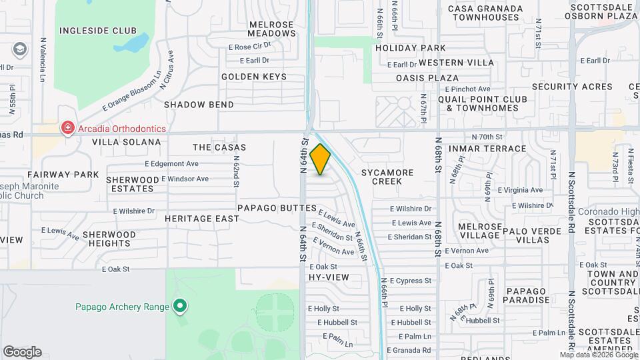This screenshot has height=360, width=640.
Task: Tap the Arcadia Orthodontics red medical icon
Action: coord(67,129)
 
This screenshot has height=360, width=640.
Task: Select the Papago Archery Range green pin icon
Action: coord(179,307)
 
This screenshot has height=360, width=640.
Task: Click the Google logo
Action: coord(22,352)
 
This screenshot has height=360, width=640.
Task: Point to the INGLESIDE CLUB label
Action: coord(98,31)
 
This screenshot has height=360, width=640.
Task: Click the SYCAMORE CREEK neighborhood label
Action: coord(387,177)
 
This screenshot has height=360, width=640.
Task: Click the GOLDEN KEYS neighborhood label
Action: coord(254,77)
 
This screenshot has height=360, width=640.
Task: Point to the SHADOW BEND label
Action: coord(199,105)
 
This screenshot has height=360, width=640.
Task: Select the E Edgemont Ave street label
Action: coord(171,163)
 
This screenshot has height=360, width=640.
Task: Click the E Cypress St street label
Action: coord(411,281)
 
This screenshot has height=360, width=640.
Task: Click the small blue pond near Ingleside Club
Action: coord(136,44)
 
